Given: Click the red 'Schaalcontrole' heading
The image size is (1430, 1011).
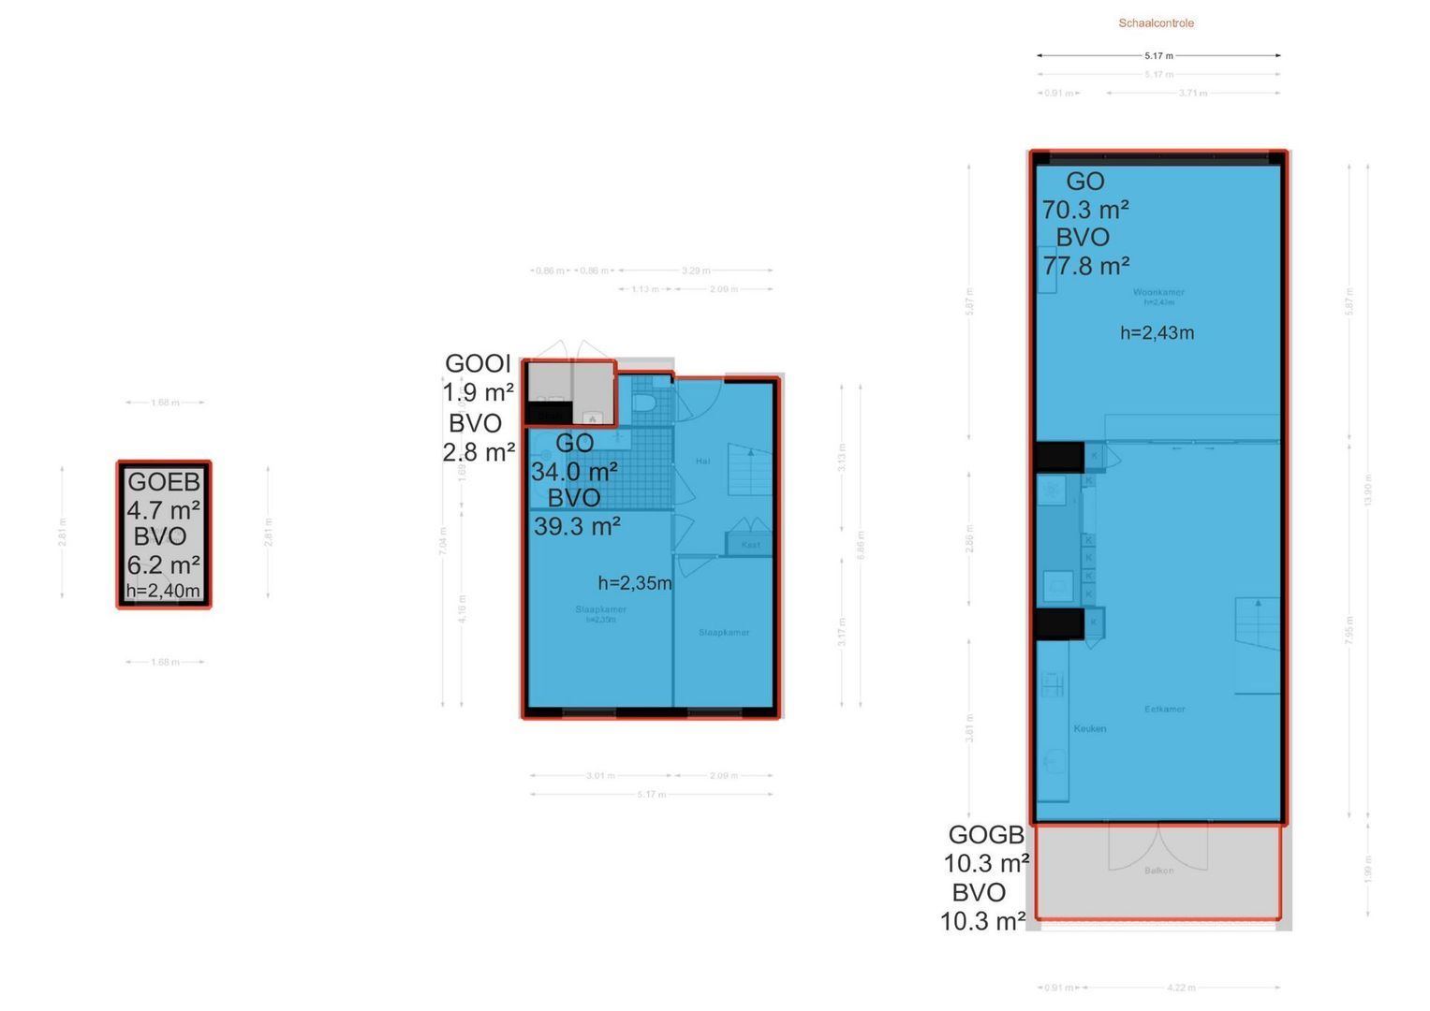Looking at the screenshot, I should [x=1156, y=23].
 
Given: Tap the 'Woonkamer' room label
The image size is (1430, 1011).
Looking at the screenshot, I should [x=1158, y=292].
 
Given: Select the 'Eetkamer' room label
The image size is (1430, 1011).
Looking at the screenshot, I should [x=1164, y=710].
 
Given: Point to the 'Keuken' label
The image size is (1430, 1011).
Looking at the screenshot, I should [x=1089, y=728].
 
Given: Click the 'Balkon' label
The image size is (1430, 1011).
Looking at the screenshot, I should [x=1158, y=871].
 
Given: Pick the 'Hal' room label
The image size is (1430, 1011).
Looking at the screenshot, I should [x=702, y=461].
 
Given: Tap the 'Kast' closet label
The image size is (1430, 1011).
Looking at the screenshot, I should [x=750, y=545].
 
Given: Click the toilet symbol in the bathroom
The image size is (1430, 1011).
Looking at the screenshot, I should [x=643, y=403].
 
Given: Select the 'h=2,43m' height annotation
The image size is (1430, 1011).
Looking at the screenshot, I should [x=1157, y=333].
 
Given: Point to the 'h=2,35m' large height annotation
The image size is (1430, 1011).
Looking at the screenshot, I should [x=635, y=583].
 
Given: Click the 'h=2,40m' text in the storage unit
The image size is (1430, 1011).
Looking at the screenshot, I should [x=163, y=591].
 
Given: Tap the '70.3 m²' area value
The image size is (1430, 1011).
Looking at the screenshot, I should [x=1085, y=210].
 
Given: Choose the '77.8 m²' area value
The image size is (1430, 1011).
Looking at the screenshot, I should [x=1086, y=266].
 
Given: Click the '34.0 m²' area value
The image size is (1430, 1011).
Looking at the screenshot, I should [x=573, y=471].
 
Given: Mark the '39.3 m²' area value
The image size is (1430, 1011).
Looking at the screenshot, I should [x=577, y=526].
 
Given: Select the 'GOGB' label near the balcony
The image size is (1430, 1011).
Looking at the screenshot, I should [x=986, y=834].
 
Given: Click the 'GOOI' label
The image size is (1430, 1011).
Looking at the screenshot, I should [x=478, y=363].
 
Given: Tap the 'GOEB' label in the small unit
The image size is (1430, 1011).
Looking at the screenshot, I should [x=164, y=482].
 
